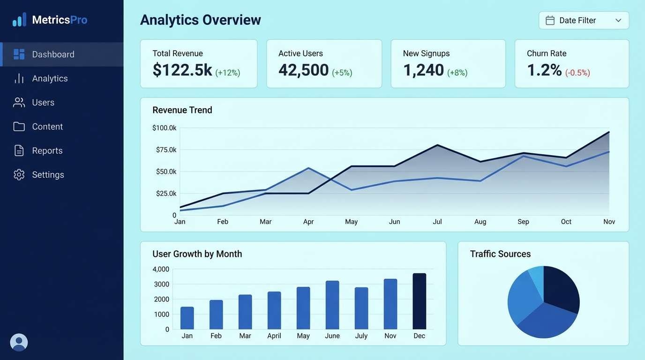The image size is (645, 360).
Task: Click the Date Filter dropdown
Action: click(584, 20)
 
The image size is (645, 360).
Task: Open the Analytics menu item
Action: click(50, 78)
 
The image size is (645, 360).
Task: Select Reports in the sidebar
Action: click(47, 150)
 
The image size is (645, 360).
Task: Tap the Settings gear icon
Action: click(19, 175)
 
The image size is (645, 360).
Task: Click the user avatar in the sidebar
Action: click(19, 342)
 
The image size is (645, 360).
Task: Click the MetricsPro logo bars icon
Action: click(19, 20)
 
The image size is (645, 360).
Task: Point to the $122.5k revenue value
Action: click(182, 70)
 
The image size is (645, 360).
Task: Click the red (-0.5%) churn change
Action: click(577, 73)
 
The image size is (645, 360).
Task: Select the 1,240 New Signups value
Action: click(423, 70)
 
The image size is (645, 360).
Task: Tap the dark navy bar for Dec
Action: click(419, 301)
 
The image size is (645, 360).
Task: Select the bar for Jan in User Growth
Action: click(187, 318)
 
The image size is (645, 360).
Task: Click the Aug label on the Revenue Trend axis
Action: click(480, 222)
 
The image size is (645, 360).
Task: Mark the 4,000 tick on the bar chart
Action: click(161, 269)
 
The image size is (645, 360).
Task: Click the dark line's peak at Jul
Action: click(437, 145)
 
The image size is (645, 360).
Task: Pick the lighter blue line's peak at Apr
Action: click(308, 168)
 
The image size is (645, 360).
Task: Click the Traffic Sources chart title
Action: click(500, 254)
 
